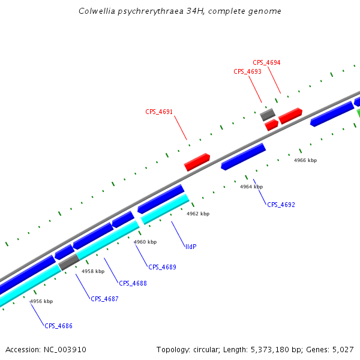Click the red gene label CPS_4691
click(x=159, y=112)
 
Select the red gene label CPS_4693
click(x=247, y=71)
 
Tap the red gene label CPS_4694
click(x=266, y=62)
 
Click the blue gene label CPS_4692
click(x=281, y=205)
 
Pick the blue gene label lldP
click(x=191, y=247)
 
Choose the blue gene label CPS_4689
click(x=162, y=267)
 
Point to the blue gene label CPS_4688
click(x=133, y=283)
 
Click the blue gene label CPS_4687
click(x=104, y=299)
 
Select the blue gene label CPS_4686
click(x=58, y=326)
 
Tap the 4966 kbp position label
click(x=305, y=160)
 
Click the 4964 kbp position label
click(x=251, y=187)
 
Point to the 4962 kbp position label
click(x=198, y=214)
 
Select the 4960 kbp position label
click(x=145, y=242)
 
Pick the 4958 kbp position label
click(x=93, y=271)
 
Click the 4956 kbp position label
click(x=41, y=301)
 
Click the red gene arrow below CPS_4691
click(x=197, y=161)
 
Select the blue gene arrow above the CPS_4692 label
click(x=243, y=157)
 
